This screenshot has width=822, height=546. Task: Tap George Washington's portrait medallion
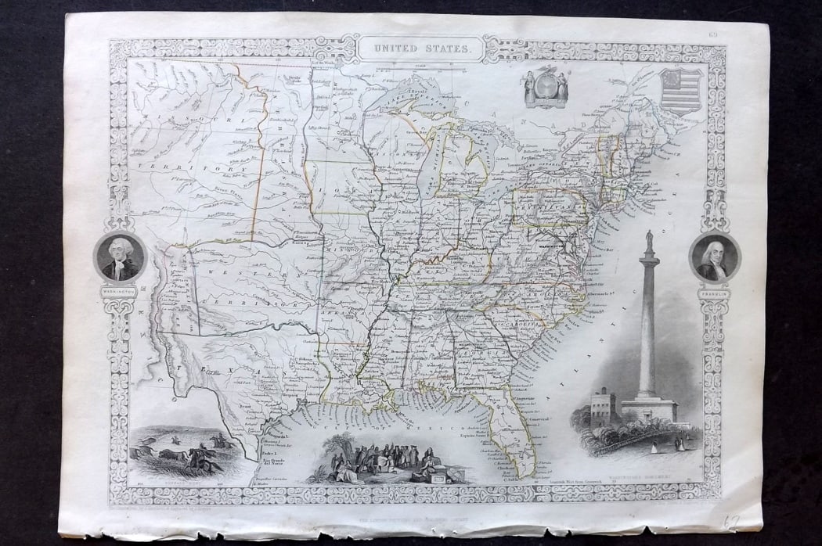pos(120,257)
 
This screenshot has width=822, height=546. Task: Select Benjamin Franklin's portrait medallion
pos(715,257)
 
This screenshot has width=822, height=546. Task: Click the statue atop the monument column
pos(648,241)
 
